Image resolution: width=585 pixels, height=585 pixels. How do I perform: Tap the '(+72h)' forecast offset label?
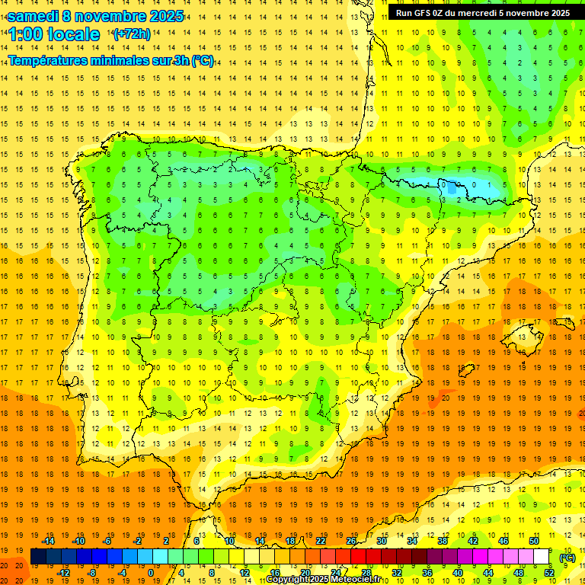pyautogui.click(x=132, y=34)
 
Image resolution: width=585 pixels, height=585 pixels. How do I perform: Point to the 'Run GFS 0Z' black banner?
pyautogui.click(x=482, y=12)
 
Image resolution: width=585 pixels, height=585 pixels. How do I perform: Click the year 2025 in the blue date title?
pyautogui.click(x=162, y=16)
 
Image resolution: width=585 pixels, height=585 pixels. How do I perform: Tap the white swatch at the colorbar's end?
pyautogui.click(x=542, y=557)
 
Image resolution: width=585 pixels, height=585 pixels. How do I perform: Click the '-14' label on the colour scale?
pyautogui.click(x=48, y=541)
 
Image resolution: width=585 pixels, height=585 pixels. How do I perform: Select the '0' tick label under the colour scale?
pyautogui.click(x=151, y=573)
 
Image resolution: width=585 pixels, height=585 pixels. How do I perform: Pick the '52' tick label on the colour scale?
pyautogui.click(x=548, y=573)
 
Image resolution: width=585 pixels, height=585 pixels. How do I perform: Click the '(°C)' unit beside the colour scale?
pyautogui.click(x=567, y=558)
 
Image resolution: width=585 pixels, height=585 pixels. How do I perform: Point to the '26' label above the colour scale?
pyautogui.click(x=351, y=541)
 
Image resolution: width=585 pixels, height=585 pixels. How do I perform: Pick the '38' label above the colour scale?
pyautogui.click(x=442, y=541)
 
